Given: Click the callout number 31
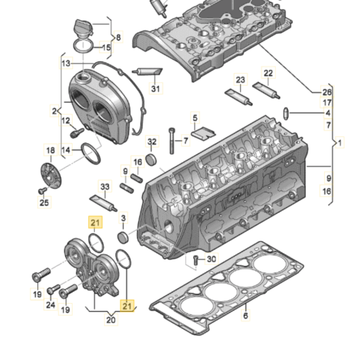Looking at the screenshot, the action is (x=155, y=89).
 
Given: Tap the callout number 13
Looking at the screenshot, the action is (x=66, y=63).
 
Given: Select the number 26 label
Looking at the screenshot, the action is (x=327, y=92).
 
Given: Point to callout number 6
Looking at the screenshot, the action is (x=246, y=315).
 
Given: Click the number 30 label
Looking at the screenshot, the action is (x=211, y=259).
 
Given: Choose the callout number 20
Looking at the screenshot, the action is (x=111, y=319).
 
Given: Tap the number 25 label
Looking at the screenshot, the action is (x=44, y=202).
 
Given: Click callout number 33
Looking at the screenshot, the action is (x=105, y=187).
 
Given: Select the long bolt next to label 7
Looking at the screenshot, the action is (x=172, y=141).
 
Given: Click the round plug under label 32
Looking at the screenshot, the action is (x=151, y=159).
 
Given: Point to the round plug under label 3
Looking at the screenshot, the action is (x=123, y=237).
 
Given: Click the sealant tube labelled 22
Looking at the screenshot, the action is (x=266, y=90).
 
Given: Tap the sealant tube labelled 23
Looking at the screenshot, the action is (x=239, y=97).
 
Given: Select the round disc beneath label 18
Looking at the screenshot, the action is (x=51, y=176).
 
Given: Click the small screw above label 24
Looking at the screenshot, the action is (x=54, y=289).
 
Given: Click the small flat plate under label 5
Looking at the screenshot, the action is (x=203, y=133).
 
